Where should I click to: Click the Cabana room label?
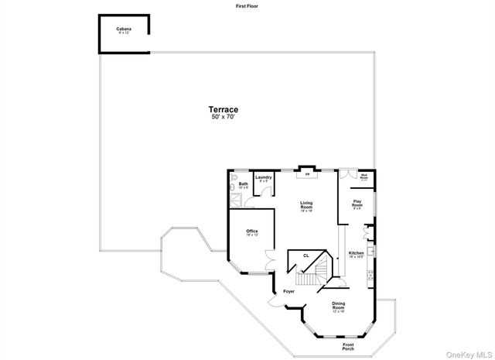[124, 30]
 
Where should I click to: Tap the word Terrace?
[223, 109]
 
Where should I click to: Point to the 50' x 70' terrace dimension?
[223, 117]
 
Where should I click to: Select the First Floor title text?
[247, 5]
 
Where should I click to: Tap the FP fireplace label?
[307, 174]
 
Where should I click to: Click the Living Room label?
[306, 207]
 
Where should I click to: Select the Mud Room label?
[364, 177]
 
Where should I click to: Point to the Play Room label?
[358, 204]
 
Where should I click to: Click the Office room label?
[252, 233]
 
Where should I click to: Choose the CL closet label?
[306, 255]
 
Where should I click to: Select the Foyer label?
[288, 291]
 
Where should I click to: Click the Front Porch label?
[348, 347]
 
